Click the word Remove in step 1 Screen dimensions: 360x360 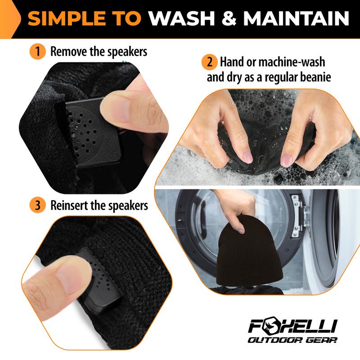click(x=67, y=51)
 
